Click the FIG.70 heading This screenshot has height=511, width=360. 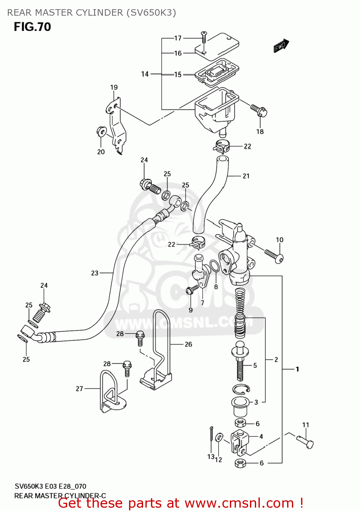point(32,27)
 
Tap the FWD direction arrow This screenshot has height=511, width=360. point(281,46)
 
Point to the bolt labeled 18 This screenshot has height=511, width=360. point(259,110)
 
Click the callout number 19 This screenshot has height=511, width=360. point(114,88)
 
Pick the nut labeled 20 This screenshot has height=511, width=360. point(101,131)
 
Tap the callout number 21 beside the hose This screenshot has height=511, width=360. point(246,176)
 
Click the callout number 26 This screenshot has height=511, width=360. point(188,344)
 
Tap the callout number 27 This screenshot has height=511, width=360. point(79,389)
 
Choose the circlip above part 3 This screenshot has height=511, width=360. point(241,389)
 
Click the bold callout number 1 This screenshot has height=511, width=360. point(297,369)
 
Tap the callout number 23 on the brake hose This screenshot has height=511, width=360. point(95,273)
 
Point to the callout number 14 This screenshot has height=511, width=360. point(145,74)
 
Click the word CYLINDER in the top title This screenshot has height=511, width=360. point(99,13)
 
